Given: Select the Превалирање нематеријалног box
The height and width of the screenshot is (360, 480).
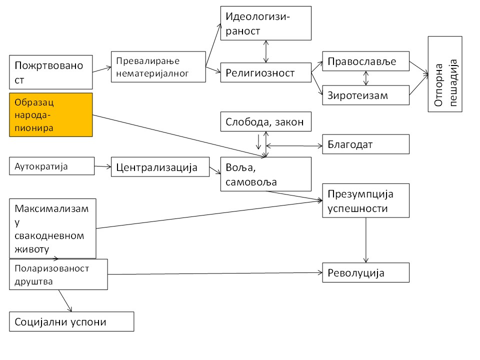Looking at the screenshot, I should click(158, 67).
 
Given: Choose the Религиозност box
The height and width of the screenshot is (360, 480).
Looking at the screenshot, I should click(266, 73).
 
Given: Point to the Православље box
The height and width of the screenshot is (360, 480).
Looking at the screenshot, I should click(366, 61).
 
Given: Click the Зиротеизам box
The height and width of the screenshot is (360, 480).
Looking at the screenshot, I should click(366, 94).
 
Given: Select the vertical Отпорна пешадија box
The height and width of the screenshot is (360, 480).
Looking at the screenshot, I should click(445, 74).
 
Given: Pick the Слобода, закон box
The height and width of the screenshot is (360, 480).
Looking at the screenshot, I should click(266, 122).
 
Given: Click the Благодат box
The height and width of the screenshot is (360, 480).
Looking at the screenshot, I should click(366, 144).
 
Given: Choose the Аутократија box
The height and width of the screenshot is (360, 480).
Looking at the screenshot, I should click(51, 166).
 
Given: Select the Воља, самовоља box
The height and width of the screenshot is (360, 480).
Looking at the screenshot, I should click(266, 174).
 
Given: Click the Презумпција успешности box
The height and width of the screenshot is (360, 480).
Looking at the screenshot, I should click(366, 200).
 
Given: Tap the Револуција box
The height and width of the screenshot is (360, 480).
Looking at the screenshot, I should click(366, 272).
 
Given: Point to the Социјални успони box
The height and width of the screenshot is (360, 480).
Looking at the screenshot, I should click(71, 321).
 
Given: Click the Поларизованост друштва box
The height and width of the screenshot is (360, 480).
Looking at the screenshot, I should click(58, 274).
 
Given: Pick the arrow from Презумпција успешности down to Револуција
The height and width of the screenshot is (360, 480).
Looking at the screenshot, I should click(366, 240).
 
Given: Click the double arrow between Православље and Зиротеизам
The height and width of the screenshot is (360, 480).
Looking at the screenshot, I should click(366, 77).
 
